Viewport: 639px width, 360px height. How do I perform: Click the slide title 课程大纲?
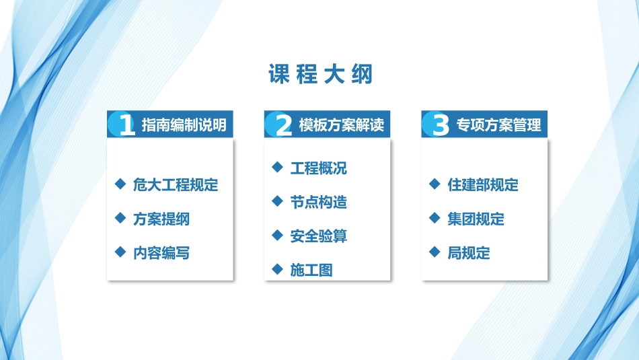320,74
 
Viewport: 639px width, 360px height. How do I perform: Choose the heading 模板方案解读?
341,125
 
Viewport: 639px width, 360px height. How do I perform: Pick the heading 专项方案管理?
498,125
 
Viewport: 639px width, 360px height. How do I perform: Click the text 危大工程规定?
176,185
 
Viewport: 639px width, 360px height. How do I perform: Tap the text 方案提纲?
161,219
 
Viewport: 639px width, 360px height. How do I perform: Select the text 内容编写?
161,253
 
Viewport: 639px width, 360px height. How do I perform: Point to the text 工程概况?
319,168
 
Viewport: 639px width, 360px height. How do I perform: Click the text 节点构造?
319,202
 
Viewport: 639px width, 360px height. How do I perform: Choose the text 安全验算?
319,236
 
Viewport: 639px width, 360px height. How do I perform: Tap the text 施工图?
311,271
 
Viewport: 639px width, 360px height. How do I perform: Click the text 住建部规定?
483,185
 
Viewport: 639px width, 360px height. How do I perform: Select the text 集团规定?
476,219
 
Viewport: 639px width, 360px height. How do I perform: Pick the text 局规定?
469,253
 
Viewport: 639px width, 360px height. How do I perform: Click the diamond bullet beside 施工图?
276,269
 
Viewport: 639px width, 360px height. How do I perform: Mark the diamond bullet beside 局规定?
434,252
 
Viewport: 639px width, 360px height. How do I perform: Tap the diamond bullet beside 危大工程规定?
120,184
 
